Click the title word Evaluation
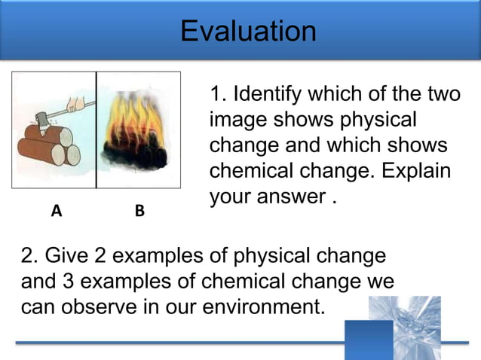coord(248,31)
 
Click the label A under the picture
coord(55,211)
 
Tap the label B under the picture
coord(139,211)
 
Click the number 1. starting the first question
coord(218,95)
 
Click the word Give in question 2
coord(68,256)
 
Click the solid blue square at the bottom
coord(369,340)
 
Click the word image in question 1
coord(233,120)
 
